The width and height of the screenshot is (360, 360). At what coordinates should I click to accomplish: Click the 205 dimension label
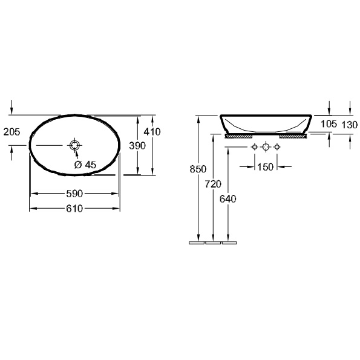point(11,132)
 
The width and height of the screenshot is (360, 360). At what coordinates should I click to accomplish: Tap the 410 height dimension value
point(152,132)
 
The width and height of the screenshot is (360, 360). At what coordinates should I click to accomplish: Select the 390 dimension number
point(137,146)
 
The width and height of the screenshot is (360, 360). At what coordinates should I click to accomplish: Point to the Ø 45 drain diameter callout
point(85,165)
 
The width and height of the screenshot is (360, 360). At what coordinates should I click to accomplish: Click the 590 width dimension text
point(74,194)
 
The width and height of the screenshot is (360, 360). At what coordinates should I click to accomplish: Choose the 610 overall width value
point(74,209)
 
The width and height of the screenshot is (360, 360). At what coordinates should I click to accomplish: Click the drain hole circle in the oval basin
point(75,145)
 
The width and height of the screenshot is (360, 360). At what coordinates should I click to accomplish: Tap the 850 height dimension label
point(198,169)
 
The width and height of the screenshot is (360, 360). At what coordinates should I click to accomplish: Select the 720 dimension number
point(213,184)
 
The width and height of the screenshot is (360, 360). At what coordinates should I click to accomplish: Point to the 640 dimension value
point(227,199)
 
